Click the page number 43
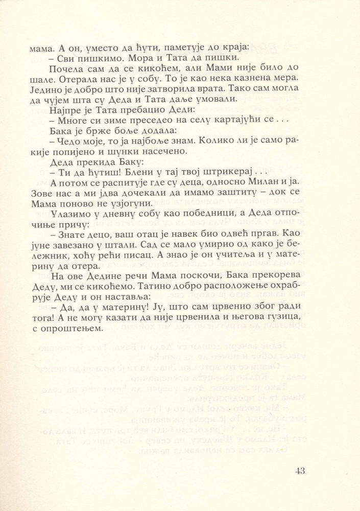300,471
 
